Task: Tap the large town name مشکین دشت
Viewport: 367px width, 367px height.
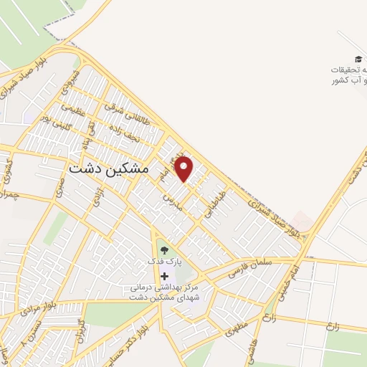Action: [x=110, y=168]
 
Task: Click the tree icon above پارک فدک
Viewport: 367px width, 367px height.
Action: [x=165, y=250]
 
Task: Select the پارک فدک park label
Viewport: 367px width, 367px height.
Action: [x=165, y=262]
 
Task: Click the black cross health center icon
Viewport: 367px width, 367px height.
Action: [x=165, y=276]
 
